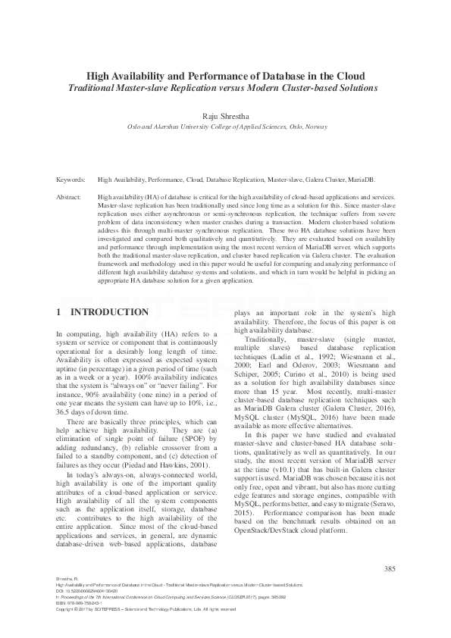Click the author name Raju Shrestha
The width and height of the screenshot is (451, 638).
(x=225, y=115)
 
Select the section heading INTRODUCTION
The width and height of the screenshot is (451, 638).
(x=109, y=312)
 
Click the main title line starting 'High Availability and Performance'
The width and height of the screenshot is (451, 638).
(x=225, y=76)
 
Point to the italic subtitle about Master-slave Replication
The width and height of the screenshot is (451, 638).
(x=225, y=88)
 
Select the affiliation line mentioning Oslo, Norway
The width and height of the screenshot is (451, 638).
(x=225, y=127)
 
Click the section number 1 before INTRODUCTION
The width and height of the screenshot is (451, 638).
(x=60, y=312)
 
